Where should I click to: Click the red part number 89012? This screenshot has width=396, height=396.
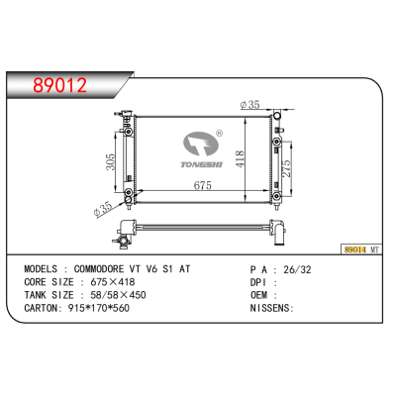click(59, 85)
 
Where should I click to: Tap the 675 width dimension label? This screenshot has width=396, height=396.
click(203, 185)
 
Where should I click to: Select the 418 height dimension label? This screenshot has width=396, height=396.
click(240, 158)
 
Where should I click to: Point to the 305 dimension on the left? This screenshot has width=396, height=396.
click(110, 161)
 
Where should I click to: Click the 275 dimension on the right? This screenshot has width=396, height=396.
click(286, 168)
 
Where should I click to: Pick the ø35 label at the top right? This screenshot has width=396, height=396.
click(250, 105)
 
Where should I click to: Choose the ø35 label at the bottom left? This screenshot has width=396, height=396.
click(104, 209)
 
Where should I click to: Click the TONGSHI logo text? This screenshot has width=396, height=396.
click(202, 164)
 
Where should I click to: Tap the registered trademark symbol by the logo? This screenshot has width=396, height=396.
click(219, 133)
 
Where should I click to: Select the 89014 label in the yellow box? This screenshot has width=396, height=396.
click(355, 249)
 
